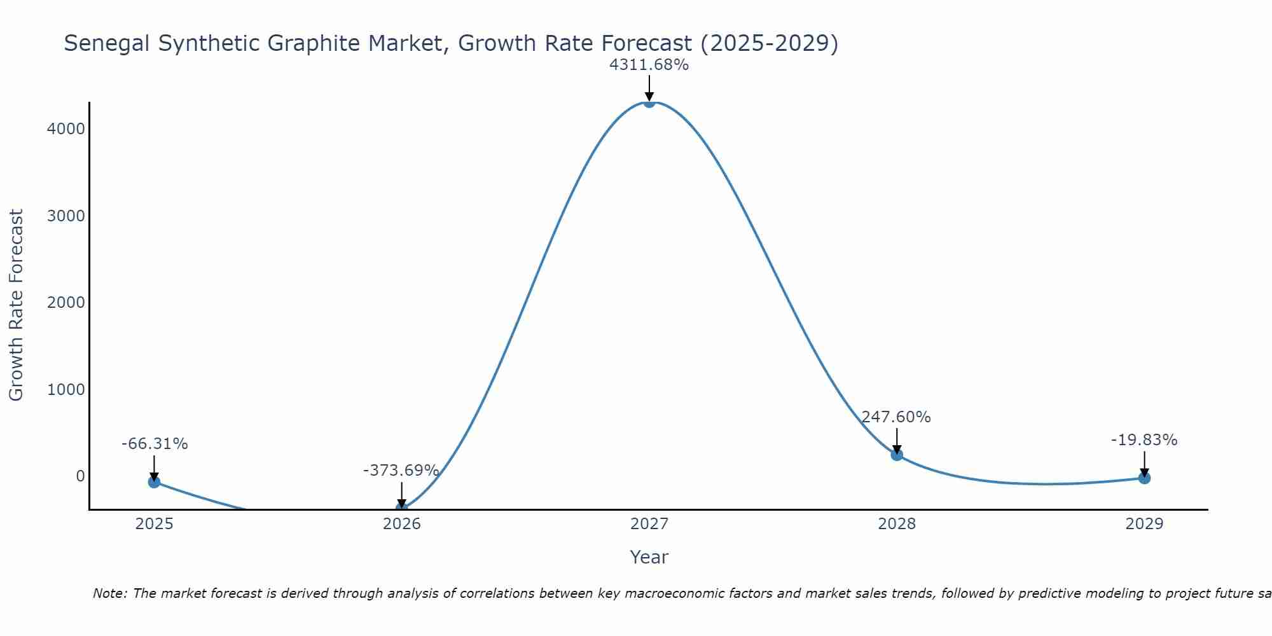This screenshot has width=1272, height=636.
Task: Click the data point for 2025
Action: pyautogui.click(x=154, y=482)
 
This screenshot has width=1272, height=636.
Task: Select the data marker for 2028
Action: pyautogui.click(x=897, y=454)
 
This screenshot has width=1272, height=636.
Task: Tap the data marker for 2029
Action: pyautogui.click(x=1144, y=478)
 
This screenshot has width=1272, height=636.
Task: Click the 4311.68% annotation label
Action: pyautogui.click(x=649, y=65)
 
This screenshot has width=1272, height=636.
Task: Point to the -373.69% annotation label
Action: pyautogui.click(x=401, y=471)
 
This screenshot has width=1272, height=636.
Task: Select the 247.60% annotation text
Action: pyautogui.click(x=896, y=417)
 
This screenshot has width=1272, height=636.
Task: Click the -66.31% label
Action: pyautogui.click(x=155, y=444)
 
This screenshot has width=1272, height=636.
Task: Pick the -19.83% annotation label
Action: pyautogui.click(x=1144, y=440)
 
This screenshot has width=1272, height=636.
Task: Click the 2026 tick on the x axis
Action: pyautogui.click(x=402, y=524)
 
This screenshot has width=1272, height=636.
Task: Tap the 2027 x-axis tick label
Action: pyautogui.click(x=649, y=524)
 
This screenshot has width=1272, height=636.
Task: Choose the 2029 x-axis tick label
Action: pyautogui.click(x=1144, y=524)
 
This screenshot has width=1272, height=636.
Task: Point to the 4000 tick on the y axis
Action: pyautogui.click(x=66, y=129)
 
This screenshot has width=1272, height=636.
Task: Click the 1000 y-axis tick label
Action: pyautogui.click(x=66, y=390)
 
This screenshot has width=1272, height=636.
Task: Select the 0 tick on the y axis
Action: pyautogui.click(x=80, y=476)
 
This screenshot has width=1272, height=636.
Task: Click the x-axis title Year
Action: pyautogui.click(x=649, y=557)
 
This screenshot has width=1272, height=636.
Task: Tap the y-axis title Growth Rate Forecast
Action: pyautogui.click(x=17, y=305)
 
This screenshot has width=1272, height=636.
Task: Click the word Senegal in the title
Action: pyautogui.click(x=107, y=44)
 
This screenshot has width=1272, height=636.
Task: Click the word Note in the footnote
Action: pyautogui.click(x=109, y=593)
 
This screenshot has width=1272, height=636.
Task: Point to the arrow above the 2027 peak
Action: pyautogui.click(x=649, y=88)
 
